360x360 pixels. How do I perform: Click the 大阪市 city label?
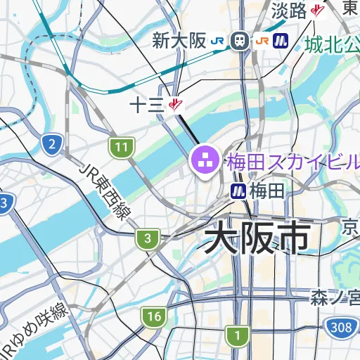[257, 238]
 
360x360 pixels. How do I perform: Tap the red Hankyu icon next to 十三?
[175, 105]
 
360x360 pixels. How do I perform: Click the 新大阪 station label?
[179, 41]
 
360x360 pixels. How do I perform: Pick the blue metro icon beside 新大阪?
[283, 41]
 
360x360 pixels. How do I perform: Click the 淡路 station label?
[288, 11]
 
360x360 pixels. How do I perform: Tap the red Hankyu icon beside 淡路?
[318, 11]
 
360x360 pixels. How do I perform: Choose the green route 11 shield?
[122, 148]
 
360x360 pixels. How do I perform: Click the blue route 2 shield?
[51, 146]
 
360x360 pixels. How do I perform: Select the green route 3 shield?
[146, 239]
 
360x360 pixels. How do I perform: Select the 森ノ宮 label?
[335, 299]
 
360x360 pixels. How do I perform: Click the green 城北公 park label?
[333, 44]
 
